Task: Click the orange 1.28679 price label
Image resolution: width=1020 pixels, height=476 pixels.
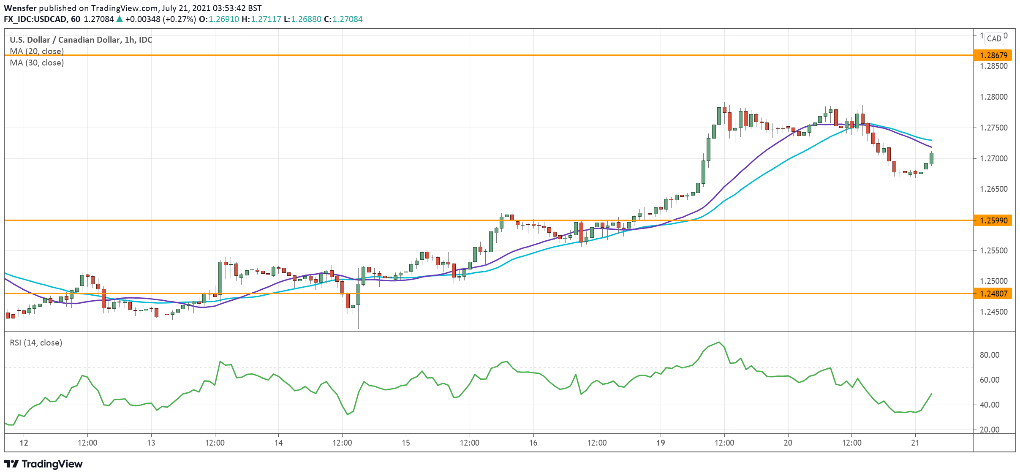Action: pos(993,55)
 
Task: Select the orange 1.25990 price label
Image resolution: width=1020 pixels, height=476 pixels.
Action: pos(993,220)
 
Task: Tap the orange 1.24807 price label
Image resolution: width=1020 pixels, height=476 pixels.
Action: pos(993,294)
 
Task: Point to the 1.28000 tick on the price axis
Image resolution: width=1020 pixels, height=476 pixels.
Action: pos(993,97)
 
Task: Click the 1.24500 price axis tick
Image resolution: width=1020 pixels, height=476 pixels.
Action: pos(993,312)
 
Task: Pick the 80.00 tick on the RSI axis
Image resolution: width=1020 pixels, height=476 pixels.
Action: pos(989,355)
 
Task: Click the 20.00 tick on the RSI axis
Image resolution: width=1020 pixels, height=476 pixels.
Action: pos(989,430)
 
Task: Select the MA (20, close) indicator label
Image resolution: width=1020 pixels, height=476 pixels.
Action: pos(37,51)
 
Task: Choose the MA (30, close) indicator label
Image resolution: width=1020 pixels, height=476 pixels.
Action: pos(37,63)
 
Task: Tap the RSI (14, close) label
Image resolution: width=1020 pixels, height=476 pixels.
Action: pos(36,343)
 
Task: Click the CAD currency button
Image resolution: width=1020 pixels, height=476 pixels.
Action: pos(994,38)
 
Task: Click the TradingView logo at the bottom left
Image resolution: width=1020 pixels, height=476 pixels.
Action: pos(43,464)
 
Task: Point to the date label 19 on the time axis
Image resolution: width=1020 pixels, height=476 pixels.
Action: pos(661,443)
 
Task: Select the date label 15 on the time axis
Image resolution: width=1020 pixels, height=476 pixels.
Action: pos(405,443)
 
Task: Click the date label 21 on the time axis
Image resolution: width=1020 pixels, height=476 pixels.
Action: pos(915,443)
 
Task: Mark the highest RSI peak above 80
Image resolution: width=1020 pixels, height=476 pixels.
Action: pos(719,342)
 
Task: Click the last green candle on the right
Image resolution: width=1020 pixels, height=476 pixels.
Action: pos(931,158)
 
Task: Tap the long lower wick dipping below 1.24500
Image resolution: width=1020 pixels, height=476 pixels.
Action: pos(358,319)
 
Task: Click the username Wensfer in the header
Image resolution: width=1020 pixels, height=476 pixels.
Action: pos(20,8)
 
